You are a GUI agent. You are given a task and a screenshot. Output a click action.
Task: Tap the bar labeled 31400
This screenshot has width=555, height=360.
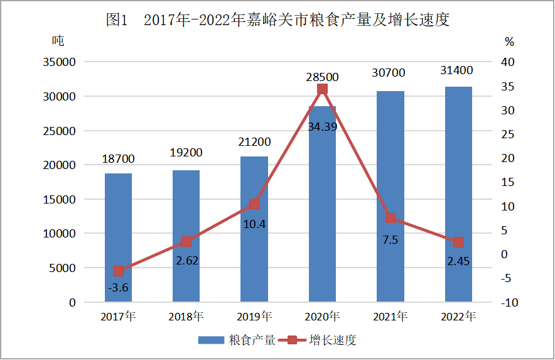click(458, 194)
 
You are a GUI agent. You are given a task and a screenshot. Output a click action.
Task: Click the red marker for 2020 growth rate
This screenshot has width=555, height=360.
click(322, 89)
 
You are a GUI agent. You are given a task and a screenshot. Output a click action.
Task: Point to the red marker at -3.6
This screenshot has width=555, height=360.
click(118, 271)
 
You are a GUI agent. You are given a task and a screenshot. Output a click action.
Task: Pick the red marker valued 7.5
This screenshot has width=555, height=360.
click(391, 218)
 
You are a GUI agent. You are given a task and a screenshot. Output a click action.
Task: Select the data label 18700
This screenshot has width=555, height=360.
click(118, 160)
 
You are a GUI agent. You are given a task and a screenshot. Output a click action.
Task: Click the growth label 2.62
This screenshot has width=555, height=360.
click(186, 261)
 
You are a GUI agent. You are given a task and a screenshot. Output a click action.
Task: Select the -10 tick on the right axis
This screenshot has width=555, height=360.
click(509, 303)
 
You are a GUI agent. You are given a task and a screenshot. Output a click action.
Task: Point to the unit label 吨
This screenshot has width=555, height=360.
click(58, 41)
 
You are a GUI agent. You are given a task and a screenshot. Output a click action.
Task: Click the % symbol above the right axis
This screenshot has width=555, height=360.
click(509, 42)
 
